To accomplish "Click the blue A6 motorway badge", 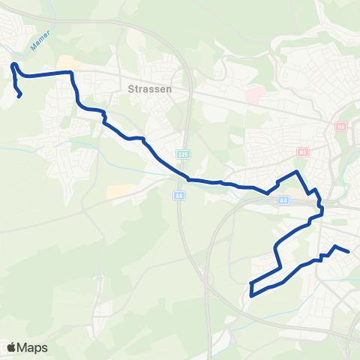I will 178,196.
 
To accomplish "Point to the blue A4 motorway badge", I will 283,200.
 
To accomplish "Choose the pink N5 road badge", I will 303,151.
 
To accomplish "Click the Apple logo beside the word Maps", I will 12,347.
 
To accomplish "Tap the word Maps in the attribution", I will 34,347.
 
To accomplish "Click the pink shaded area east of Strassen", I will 254,96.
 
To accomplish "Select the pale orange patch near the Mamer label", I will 65,62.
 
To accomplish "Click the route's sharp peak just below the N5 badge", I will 298,172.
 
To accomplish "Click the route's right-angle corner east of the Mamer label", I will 71,73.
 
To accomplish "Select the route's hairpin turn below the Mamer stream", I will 13,66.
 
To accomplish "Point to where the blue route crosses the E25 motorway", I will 185,178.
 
